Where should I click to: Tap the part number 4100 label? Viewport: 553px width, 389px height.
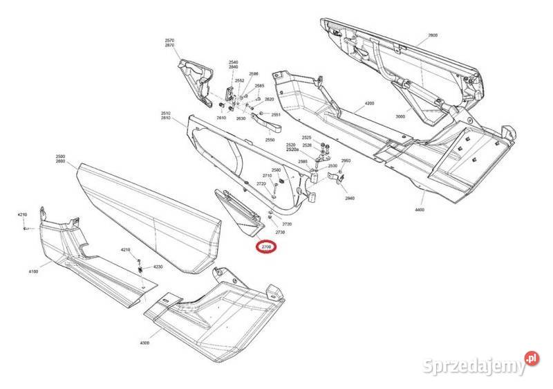click(x=33, y=271)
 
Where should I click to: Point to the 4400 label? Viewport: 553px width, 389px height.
click(x=420, y=208)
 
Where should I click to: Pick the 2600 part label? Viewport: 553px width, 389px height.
click(x=433, y=35)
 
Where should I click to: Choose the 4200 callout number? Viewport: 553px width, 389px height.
click(x=369, y=103)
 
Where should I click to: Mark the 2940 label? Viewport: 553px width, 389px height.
click(x=349, y=198)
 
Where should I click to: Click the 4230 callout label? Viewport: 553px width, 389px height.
click(x=158, y=266)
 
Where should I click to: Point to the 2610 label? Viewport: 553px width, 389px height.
click(x=221, y=118)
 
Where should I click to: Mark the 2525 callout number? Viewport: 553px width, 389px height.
click(x=307, y=138)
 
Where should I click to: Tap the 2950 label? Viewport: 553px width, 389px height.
click(x=346, y=161)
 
